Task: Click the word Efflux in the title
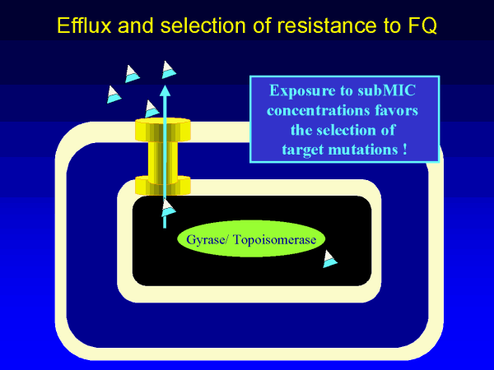85,25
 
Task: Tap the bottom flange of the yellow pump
162,186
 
